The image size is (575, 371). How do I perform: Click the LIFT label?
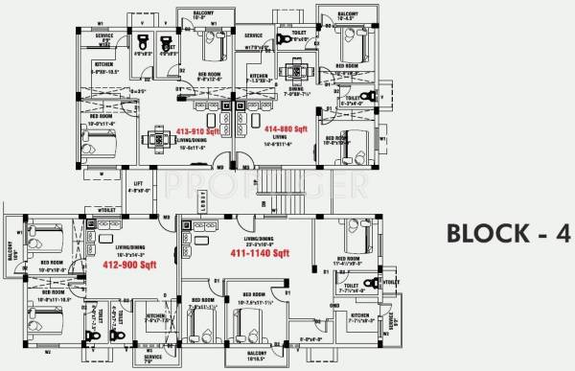click(138, 181)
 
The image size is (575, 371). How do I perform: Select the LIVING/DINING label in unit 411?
click(261, 236)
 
